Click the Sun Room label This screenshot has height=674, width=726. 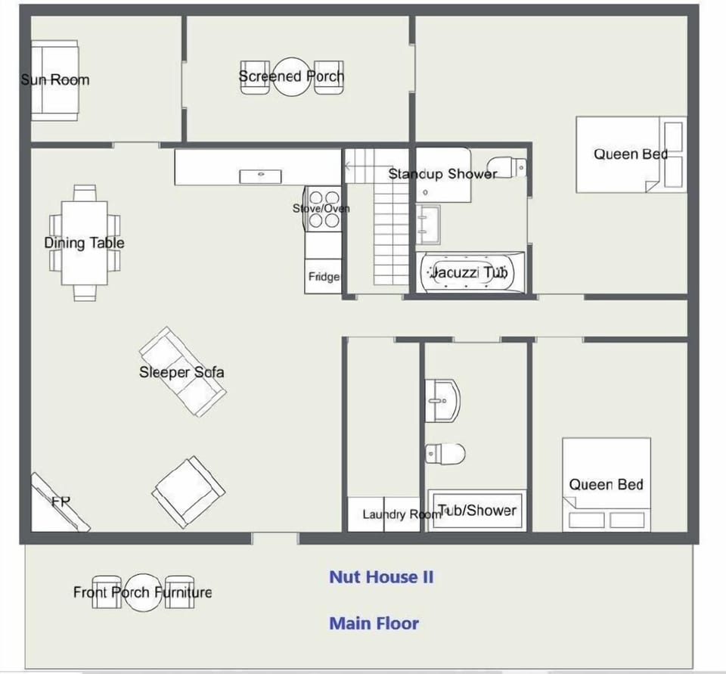54,79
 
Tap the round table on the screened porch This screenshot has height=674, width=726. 291,77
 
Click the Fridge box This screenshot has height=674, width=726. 323,277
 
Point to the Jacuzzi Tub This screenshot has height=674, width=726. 471,272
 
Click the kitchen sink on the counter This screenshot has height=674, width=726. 260,176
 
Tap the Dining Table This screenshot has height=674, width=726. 85,243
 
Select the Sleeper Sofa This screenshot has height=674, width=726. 182,371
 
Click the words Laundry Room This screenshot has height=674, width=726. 401,514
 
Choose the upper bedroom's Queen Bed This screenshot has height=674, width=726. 630,154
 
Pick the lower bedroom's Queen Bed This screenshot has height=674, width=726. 606,484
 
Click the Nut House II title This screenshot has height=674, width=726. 381,576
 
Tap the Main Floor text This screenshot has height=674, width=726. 374,623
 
